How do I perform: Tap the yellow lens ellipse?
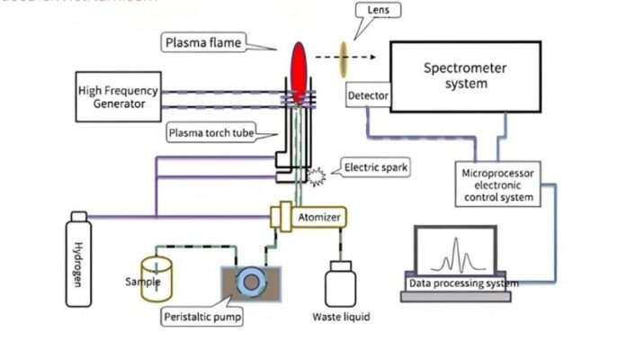coord(343,59)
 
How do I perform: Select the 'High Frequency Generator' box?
coord(118,97)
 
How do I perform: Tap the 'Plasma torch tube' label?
coord(210,134)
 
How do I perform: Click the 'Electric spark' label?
coord(376,167)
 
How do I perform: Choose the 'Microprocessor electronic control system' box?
coord(497,184)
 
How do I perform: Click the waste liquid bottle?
coord(339,282)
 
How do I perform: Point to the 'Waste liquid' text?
coord(340,318)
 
